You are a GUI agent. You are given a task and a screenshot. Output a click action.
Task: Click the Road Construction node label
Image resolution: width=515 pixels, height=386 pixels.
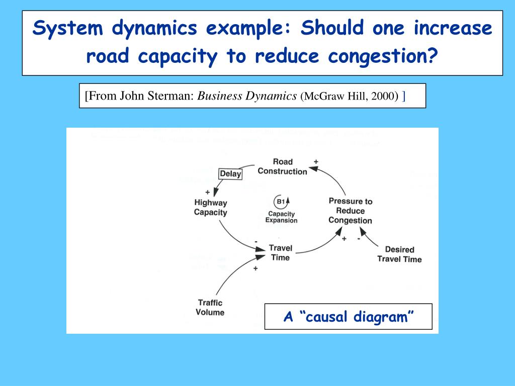click(282, 166)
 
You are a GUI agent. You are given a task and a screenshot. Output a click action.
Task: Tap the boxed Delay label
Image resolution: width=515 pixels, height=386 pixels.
click(231, 174)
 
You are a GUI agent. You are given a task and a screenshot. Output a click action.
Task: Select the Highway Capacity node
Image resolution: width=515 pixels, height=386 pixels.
click(211, 208)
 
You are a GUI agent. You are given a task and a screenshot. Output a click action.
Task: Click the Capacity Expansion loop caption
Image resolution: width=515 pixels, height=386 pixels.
click(282, 217)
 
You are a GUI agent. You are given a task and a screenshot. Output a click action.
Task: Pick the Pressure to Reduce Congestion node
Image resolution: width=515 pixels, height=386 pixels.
click(350, 211)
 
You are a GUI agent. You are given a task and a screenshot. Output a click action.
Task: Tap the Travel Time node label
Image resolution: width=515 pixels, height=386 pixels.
click(280, 252)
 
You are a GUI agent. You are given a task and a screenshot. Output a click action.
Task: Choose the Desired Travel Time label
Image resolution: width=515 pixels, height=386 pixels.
click(399, 254)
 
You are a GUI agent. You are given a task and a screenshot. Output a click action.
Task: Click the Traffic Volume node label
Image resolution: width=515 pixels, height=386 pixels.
click(210, 307)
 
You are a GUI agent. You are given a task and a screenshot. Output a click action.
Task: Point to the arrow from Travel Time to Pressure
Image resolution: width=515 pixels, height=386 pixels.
click(317, 244)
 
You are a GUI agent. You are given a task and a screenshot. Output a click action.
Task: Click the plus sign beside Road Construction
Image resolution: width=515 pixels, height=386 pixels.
click(316, 162)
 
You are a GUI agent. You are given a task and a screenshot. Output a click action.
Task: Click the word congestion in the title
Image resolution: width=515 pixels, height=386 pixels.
click(382, 55)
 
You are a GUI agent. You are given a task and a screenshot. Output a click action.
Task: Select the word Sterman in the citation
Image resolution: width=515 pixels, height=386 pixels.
click(173, 95)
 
